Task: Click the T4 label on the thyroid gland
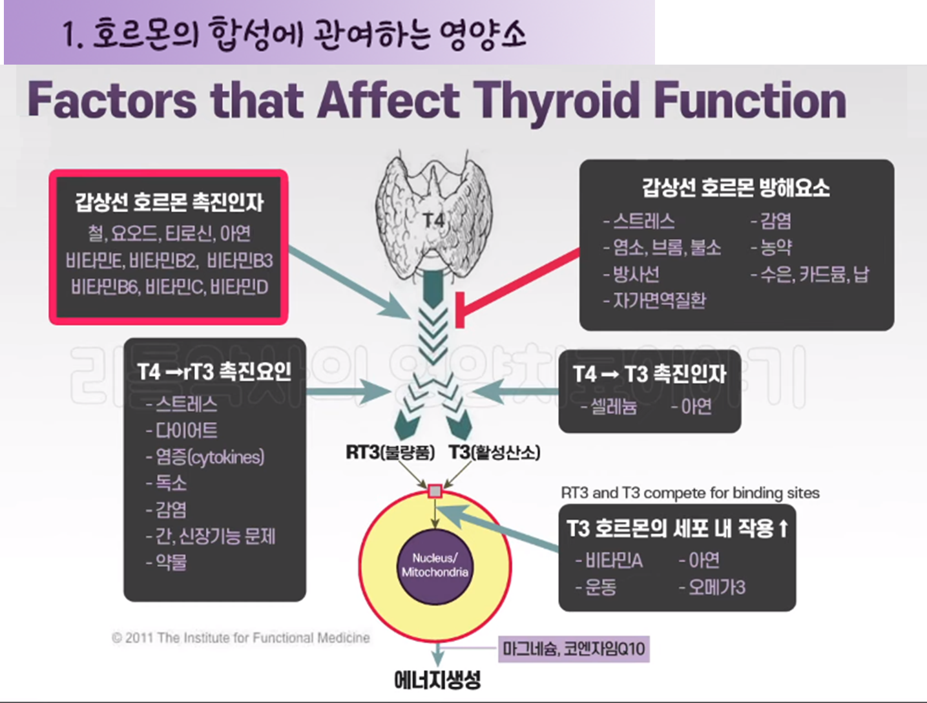[433, 221]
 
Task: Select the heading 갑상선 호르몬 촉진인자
[169, 203]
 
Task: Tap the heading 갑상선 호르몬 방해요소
[736, 188]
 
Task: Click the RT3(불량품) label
[390, 452]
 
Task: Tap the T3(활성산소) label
[494, 452]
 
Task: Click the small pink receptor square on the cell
[435, 492]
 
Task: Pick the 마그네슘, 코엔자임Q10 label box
[574, 649]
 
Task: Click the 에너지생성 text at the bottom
[437, 680]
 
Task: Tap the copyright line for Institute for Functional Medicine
[241, 638]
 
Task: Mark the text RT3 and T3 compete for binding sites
[690, 493]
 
